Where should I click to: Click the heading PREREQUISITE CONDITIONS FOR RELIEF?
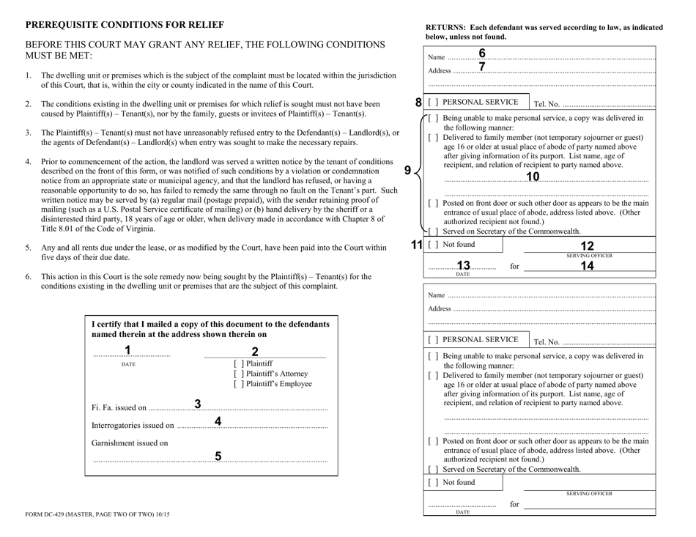(x=125, y=24)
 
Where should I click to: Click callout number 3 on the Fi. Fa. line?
(x=198, y=404)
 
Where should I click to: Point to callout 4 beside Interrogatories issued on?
(x=218, y=421)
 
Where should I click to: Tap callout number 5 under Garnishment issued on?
(x=218, y=456)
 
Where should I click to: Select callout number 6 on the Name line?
(x=482, y=53)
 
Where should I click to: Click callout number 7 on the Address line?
(x=482, y=67)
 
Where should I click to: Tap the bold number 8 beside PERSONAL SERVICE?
(x=418, y=103)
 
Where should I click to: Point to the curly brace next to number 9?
(x=421, y=172)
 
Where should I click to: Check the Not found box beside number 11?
(x=433, y=244)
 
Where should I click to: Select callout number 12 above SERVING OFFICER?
(x=586, y=246)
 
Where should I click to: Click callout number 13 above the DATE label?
(x=463, y=265)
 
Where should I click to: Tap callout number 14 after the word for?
(x=586, y=266)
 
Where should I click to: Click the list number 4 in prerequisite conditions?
(x=28, y=161)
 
